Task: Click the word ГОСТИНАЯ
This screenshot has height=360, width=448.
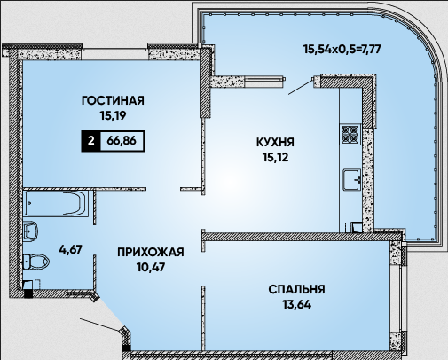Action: pos(113,100)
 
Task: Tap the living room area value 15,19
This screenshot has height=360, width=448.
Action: pos(113,115)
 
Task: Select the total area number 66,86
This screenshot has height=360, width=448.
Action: pos(122,141)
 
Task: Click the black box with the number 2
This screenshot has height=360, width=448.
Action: pos(90,141)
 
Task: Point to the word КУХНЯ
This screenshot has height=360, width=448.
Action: pos(275,143)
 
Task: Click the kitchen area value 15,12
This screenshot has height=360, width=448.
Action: pos(275,158)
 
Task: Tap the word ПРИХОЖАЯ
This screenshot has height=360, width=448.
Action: pos(151,253)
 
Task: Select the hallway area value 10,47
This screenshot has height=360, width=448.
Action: pos(151,268)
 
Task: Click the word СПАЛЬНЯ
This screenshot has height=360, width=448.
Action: pos(296,289)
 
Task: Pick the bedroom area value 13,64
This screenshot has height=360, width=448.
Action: pos(296,304)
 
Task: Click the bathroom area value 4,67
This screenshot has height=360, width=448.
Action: pos(70,249)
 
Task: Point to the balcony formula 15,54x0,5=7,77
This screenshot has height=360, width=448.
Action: pos(342,49)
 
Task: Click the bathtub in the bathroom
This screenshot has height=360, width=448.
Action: pos(56,203)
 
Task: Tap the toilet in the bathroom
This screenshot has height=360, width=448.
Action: pos(35,262)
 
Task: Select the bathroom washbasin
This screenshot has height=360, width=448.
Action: pos(30,231)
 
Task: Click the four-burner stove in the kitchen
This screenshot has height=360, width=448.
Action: pos(350,135)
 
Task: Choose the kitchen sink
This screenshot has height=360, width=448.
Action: pos(352,179)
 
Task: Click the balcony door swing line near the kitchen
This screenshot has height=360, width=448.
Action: pos(301,87)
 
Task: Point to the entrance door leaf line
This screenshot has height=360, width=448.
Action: pos(100,325)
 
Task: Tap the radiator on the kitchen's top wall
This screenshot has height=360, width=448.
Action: pos(264,79)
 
